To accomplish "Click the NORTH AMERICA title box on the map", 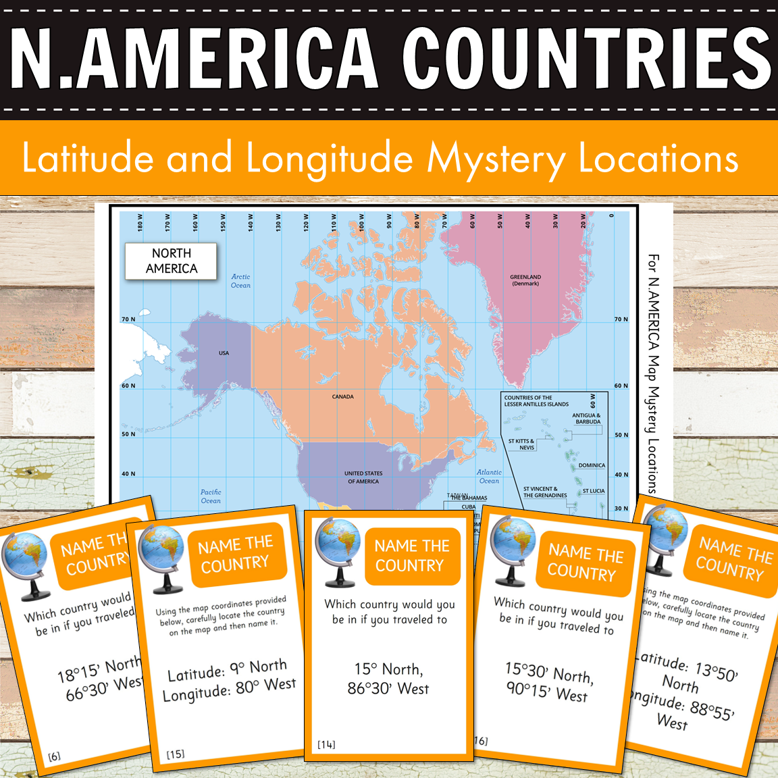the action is pos(171,261).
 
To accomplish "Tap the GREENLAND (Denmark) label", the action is pos(525,280).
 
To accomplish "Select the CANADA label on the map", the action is pos(342,396).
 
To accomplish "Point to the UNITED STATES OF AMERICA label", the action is pos(363,477).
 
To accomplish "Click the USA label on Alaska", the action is pos(224,353).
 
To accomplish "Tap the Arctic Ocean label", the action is pos(240,281).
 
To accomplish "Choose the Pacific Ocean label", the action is pos(211,496).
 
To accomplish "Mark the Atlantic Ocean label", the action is pos(489,477).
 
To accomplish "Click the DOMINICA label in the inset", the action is pos(592,465).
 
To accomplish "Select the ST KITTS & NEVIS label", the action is pos(521,444).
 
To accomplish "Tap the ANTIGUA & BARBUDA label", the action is pos(586,419).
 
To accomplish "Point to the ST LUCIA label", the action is pos(594,491).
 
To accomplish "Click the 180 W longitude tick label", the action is pos(140,223).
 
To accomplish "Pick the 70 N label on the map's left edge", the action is pos(128,319).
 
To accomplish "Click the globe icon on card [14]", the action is pos(338,550).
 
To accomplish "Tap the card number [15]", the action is pos(176,754).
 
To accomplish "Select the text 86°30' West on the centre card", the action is pos(388,689).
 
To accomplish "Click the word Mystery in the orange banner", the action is pos(496,159).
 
